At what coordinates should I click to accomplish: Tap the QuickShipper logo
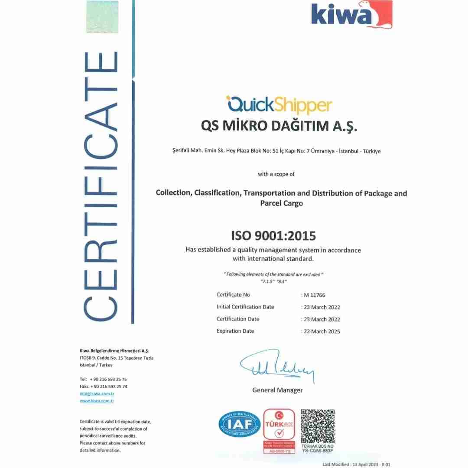279,105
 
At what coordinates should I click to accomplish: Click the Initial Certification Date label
245,307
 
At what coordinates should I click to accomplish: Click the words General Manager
277,390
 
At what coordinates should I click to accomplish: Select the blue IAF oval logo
240,424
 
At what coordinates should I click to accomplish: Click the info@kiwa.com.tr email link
97,393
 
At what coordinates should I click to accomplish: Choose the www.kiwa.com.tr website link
97,401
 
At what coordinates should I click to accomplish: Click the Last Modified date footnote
357,464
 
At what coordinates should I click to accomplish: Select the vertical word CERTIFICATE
101,186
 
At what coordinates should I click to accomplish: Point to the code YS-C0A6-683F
318,450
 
